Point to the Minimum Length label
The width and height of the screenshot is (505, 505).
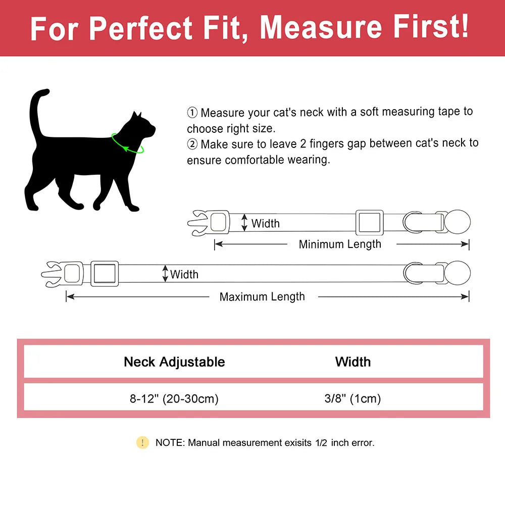340,244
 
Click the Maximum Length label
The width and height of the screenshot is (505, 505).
262,297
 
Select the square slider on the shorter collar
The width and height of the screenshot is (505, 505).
369,222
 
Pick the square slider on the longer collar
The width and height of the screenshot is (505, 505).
105,273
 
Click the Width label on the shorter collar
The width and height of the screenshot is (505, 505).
265,223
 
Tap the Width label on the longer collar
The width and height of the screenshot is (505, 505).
184,275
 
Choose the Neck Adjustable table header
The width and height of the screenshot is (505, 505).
174,362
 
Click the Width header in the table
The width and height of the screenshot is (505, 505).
352,362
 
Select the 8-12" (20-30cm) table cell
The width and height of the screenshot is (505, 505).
174,399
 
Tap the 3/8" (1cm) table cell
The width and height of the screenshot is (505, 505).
352,399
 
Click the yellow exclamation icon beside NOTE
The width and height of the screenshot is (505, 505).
142,443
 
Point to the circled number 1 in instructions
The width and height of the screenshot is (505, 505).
192,112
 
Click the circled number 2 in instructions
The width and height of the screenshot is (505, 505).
192,144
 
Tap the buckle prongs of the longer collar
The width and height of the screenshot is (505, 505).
50,273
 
